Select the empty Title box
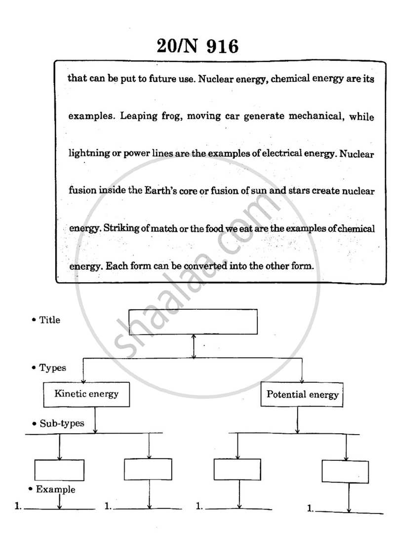[x=193, y=322]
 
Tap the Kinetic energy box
[x=86, y=394]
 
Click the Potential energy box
[x=302, y=394]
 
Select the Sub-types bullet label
[x=57, y=423]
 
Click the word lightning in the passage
[x=87, y=154]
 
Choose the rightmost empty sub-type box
[x=345, y=471]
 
